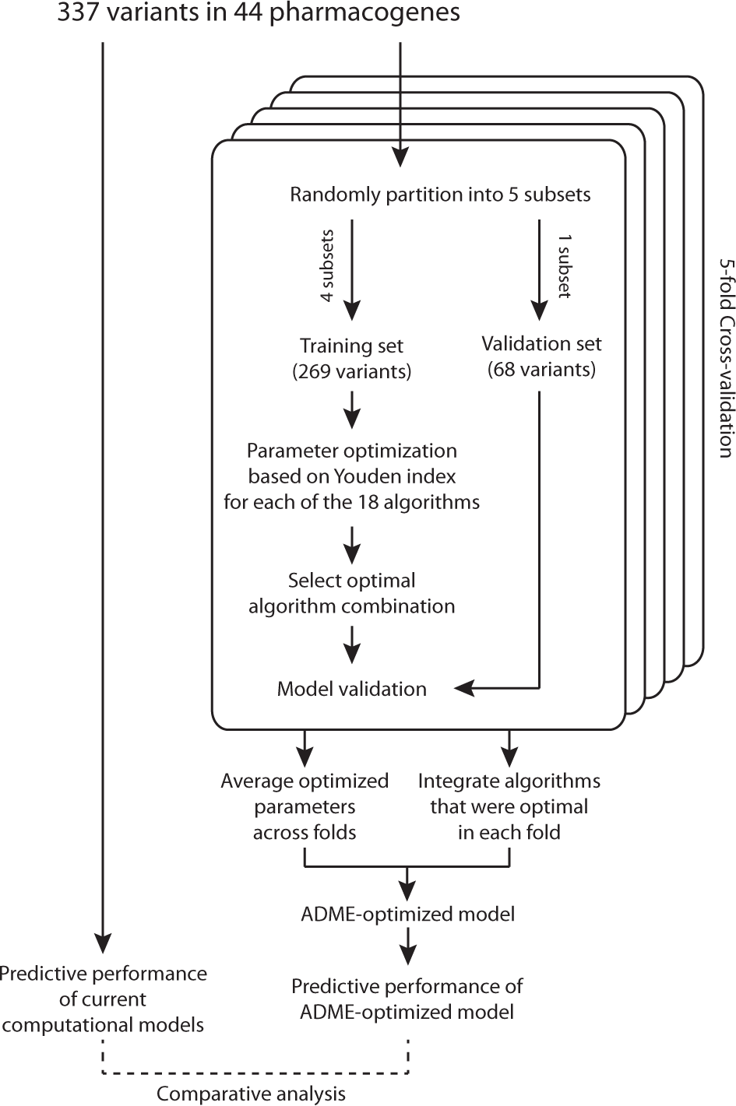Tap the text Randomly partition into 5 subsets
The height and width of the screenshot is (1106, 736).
(440, 194)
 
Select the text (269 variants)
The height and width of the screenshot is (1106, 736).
(351, 371)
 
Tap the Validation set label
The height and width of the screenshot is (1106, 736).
(541, 343)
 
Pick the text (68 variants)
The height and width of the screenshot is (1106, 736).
(541, 369)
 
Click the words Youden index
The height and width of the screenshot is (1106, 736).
(403, 476)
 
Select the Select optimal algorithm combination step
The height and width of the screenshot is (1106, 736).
(351, 593)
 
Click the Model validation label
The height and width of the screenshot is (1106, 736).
(351, 689)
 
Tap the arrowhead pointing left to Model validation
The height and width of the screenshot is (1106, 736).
(464, 688)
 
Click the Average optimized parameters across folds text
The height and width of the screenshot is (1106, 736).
(305, 806)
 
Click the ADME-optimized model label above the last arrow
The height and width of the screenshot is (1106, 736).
(407, 913)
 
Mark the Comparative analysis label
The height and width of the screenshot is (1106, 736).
(251, 1094)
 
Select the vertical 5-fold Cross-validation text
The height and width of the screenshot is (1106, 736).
(725, 358)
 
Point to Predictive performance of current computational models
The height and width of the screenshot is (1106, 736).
(103, 999)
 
